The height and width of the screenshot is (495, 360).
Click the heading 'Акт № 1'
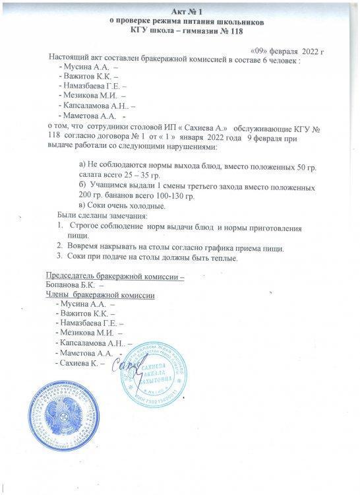[179, 13]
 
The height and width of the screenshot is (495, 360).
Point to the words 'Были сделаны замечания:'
[103, 216]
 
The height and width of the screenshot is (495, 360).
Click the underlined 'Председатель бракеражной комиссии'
[113, 275]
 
